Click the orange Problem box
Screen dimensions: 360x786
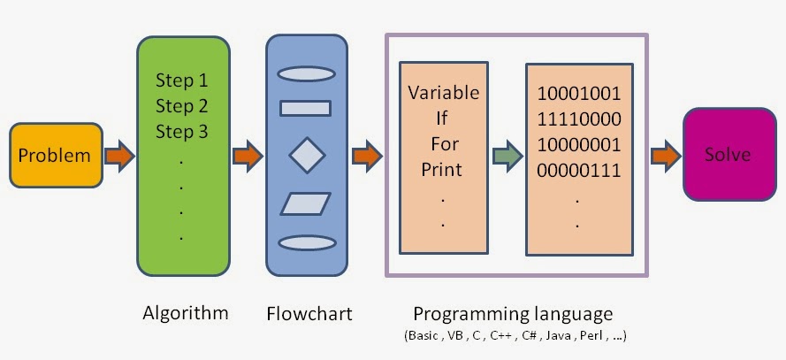point(55,156)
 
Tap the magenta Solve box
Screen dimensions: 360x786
point(727,155)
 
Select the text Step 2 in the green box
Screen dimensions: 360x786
point(181,107)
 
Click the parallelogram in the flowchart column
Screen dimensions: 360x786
point(306,204)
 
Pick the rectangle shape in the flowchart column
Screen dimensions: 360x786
point(305,109)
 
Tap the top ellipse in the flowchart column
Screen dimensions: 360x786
point(305,74)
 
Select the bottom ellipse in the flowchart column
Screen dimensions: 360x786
point(305,242)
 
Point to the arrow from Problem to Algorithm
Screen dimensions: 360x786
point(118,157)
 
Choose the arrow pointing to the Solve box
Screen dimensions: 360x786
point(665,157)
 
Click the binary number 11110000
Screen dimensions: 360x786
point(579,119)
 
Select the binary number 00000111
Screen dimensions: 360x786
point(579,168)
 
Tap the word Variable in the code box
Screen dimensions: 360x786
point(444,93)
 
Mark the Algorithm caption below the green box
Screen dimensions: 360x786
point(185,312)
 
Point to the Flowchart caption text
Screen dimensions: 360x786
point(309,313)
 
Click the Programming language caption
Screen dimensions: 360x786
point(513,313)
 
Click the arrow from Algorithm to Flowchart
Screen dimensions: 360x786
point(248,157)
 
